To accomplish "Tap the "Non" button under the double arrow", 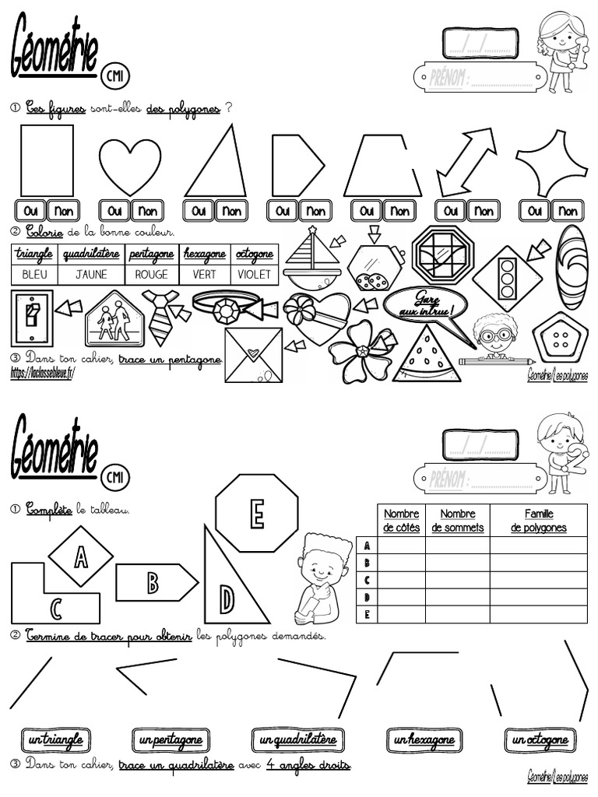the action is (x=484, y=211).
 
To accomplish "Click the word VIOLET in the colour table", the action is (x=254, y=274).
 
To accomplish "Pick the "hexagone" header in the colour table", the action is (x=204, y=254).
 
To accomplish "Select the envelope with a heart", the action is (x=253, y=355).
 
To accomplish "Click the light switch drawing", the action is (x=31, y=318).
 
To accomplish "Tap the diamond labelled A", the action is (x=81, y=556).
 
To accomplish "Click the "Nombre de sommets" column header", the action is (x=458, y=521).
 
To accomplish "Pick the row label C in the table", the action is (x=366, y=580).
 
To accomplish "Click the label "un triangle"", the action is (x=54, y=739).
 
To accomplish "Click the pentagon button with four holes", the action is (x=560, y=336).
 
